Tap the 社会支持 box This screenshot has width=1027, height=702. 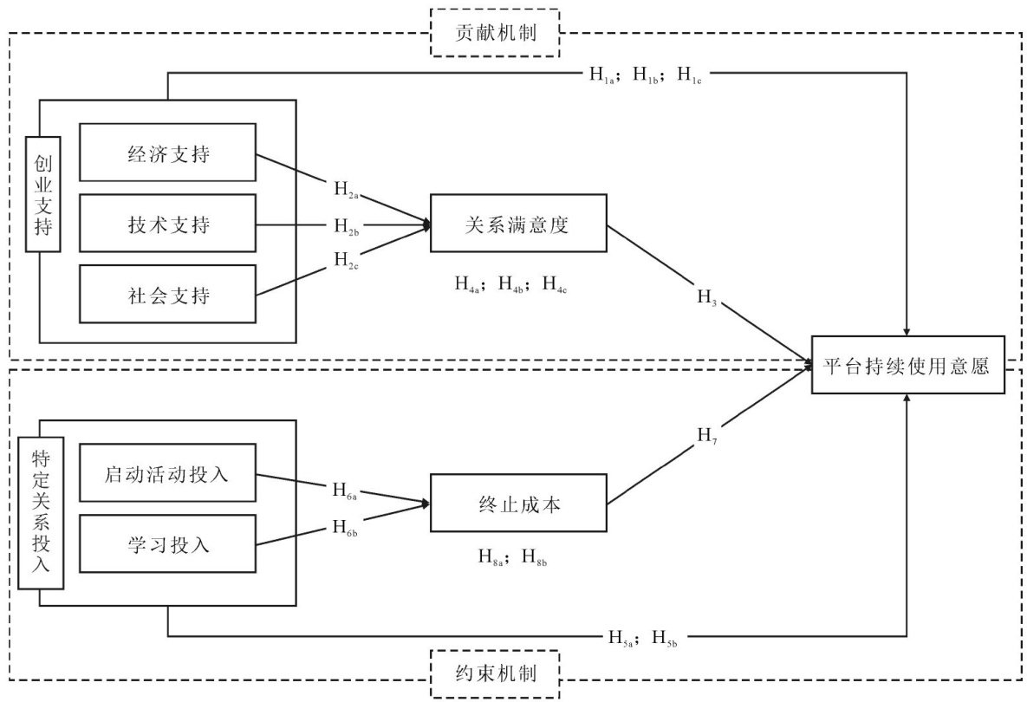click(167, 295)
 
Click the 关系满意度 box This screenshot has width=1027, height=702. click(518, 224)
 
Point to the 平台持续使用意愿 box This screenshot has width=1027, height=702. click(907, 365)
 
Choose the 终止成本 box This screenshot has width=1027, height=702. click(518, 504)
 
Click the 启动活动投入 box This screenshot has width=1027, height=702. click(167, 472)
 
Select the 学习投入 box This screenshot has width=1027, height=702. click(167, 544)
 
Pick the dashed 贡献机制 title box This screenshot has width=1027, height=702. click(496, 33)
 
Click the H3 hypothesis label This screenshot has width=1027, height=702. click(709, 298)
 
